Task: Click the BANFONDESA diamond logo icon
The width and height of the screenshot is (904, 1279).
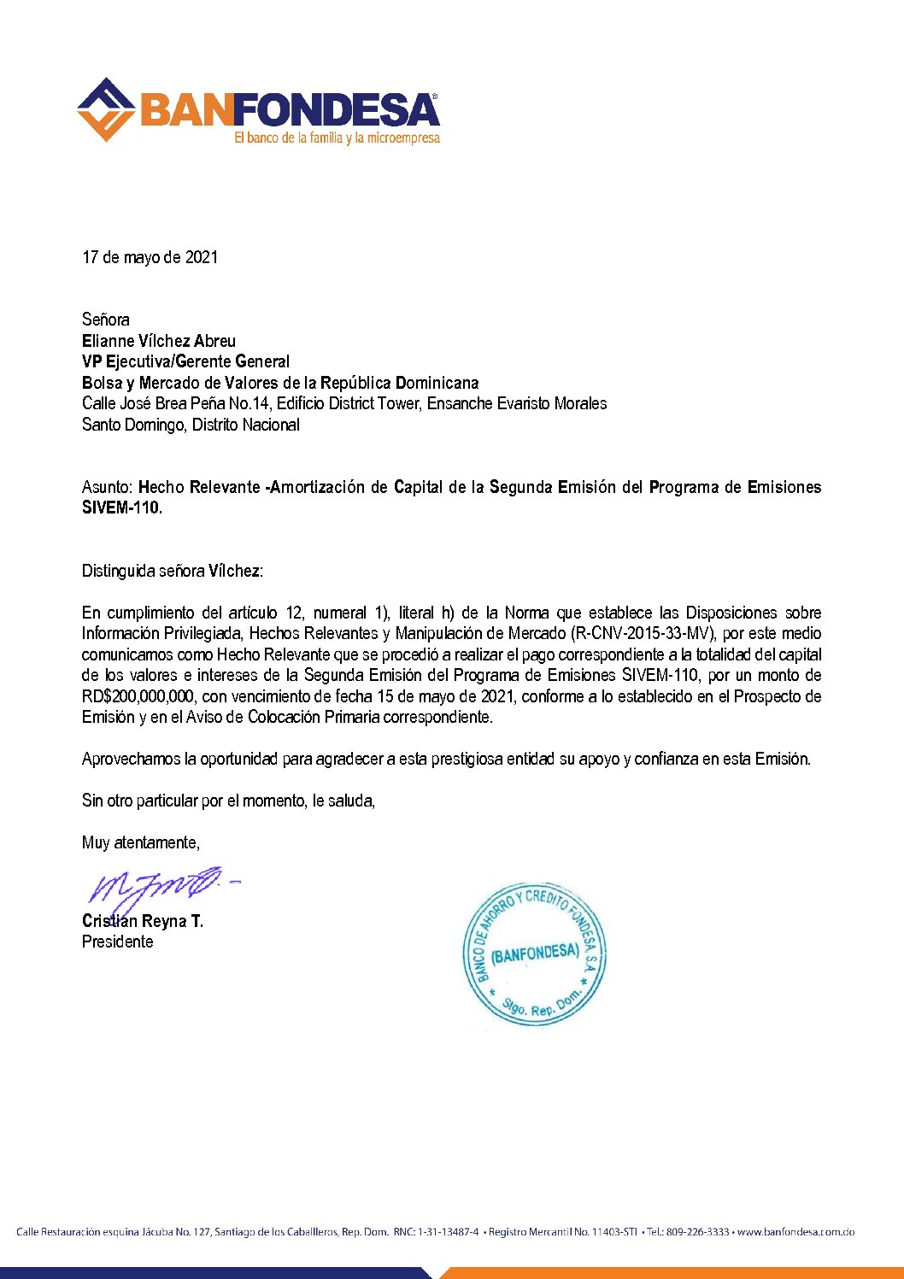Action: (x=106, y=110)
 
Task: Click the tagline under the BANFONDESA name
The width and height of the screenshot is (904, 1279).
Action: (x=337, y=138)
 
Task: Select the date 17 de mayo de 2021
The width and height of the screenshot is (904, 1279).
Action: (x=150, y=257)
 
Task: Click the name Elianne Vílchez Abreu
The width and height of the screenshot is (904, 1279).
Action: (x=158, y=341)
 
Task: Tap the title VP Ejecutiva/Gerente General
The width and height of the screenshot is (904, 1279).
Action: (x=185, y=361)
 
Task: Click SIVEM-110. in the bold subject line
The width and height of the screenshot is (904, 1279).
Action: (x=121, y=507)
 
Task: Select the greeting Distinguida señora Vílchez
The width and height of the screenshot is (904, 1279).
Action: (x=172, y=571)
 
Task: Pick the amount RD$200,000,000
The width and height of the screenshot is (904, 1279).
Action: (x=138, y=696)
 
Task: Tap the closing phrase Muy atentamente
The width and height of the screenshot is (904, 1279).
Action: (x=140, y=842)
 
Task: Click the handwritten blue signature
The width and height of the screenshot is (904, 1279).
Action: (x=158, y=886)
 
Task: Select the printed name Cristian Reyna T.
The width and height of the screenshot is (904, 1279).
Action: (x=142, y=921)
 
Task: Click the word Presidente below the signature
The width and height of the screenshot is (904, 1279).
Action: (x=117, y=942)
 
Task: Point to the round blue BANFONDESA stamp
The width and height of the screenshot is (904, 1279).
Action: (x=534, y=954)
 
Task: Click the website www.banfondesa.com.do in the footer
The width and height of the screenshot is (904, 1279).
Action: (x=795, y=1232)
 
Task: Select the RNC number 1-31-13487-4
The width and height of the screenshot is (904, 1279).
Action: (x=448, y=1232)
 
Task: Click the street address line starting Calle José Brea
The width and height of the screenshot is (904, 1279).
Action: (x=343, y=403)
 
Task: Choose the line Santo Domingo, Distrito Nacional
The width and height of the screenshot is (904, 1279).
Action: (x=191, y=425)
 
